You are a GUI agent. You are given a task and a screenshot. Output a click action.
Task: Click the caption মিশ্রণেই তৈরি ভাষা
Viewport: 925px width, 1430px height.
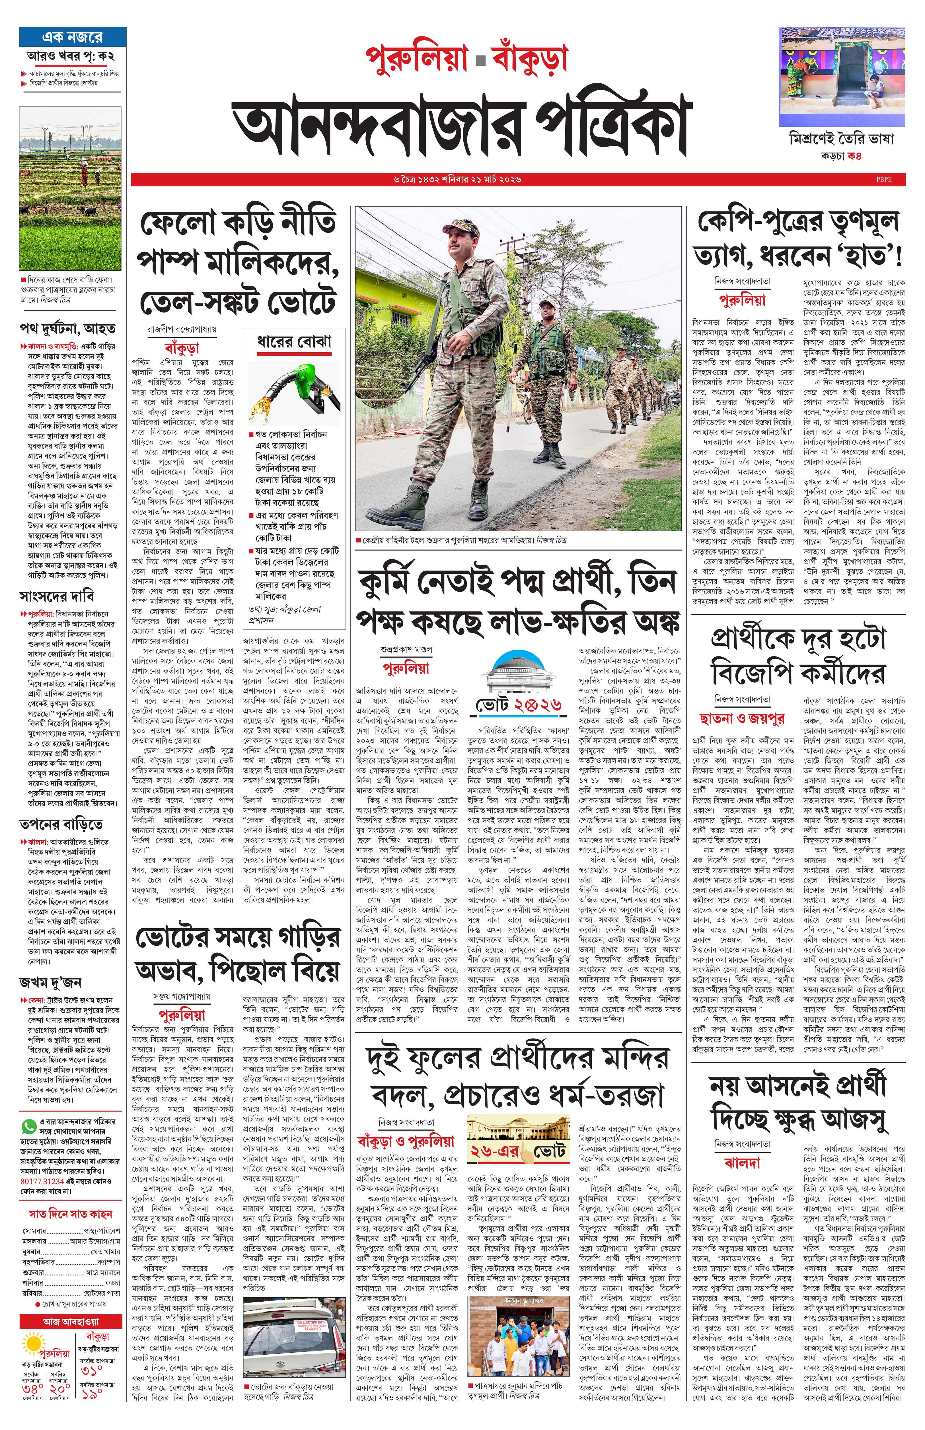[841, 139]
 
